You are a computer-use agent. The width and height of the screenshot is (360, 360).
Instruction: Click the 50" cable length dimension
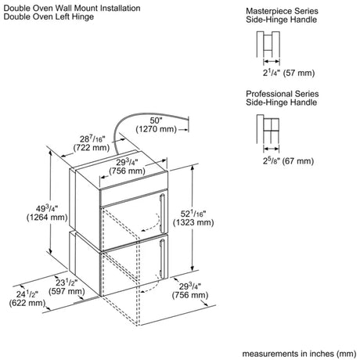(x=157, y=121)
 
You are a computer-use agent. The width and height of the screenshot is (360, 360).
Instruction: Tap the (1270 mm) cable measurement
(x=156, y=129)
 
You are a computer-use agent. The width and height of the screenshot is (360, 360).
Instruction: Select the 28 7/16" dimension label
(x=92, y=139)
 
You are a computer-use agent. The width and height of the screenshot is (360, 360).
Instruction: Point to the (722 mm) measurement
(x=92, y=148)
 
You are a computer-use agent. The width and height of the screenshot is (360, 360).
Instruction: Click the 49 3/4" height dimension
(x=47, y=208)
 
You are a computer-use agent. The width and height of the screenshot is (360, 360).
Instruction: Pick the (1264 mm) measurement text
(x=47, y=218)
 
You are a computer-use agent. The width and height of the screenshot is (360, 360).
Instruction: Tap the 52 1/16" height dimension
(x=193, y=214)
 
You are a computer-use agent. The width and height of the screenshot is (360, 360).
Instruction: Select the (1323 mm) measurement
(x=193, y=222)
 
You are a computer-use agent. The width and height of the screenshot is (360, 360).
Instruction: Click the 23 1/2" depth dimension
(x=67, y=283)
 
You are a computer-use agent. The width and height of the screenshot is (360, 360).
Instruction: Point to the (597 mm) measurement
(x=67, y=291)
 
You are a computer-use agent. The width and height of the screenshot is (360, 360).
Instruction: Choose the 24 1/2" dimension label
(x=27, y=294)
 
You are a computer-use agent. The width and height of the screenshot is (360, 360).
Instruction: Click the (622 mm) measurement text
(x=27, y=303)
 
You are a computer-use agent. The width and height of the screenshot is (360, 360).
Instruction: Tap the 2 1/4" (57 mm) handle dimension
(x=289, y=73)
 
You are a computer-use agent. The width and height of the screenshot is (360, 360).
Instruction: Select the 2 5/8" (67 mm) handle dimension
(x=288, y=160)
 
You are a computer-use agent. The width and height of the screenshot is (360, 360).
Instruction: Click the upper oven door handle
(x=162, y=213)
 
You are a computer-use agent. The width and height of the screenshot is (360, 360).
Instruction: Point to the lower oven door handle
(x=162, y=258)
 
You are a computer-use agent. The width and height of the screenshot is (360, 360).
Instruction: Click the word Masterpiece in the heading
(x=265, y=11)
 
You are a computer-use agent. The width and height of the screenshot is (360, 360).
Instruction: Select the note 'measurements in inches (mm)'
(x=299, y=354)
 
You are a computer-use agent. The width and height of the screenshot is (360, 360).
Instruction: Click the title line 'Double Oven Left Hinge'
(x=49, y=16)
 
